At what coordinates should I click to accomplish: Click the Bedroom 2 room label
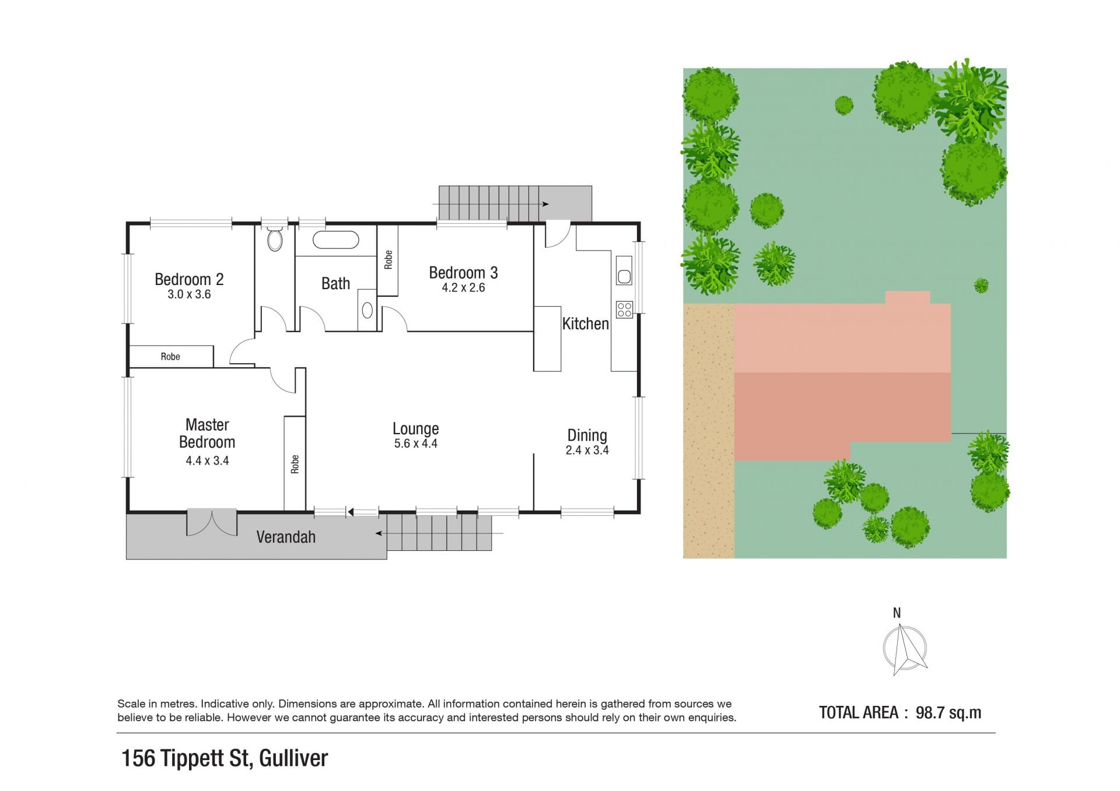pyautogui.click(x=189, y=280)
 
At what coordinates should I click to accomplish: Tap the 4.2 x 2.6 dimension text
pyautogui.click(x=463, y=287)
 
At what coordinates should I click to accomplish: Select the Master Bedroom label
pyautogui.click(x=207, y=433)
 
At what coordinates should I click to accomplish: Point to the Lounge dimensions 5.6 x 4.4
pyautogui.click(x=415, y=444)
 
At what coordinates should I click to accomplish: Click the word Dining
pyautogui.click(x=587, y=435)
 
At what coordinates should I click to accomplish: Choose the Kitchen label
pyautogui.click(x=585, y=324)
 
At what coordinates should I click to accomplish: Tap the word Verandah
pyautogui.click(x=286, y=537)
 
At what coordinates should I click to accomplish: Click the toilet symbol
pyautogui.click(x=275, y=238)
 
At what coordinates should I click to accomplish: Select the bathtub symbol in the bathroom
pyautogui.click(x=335, y=240)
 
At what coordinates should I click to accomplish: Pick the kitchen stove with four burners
pyautogui.click(x=624, y=309)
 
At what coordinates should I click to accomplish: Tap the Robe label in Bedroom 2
pyautogui.click(x=170, y=357)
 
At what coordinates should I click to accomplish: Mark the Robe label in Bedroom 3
pyautogui.click(x=388, y=259)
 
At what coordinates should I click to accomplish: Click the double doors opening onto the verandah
pyautogui.click(x=212, y=522)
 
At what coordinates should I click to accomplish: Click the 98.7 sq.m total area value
pyautogui.click(x=949, y=712)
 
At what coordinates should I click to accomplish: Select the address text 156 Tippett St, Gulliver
pyautogui.click(x=225, y=758)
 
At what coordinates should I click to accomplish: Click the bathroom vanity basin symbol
pyautogui.click(x=367, y=310)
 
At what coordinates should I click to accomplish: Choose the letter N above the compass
pyautogui.click(x=897, y=613)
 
